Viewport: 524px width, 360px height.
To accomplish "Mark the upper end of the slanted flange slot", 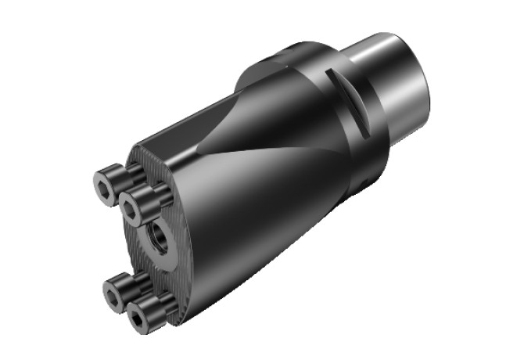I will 331,73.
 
